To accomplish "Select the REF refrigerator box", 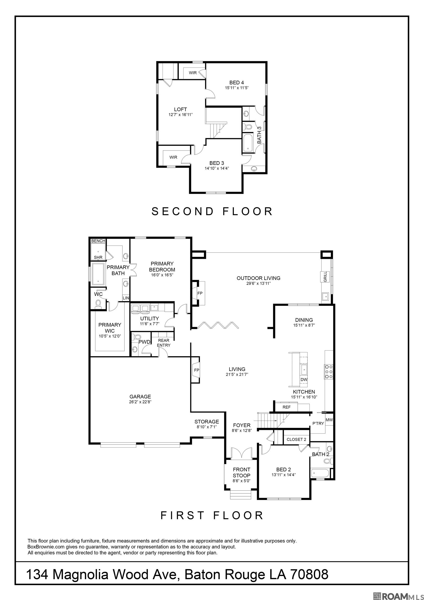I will (x=286, y=407).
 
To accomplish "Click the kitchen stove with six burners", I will (x=329, y=372).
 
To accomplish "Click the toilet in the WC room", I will (x=98, y=304).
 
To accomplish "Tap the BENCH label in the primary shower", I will (x=98, y=241).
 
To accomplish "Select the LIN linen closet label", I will (x=126, y=298).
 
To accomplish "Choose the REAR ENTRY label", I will (x=164, y=343).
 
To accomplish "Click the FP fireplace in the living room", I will (x=196, y=370).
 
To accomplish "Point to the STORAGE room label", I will (x=207, y=422).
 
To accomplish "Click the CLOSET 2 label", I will (x=296, y=439).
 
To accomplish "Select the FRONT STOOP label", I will (x=241, y=472).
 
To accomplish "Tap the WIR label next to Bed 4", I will (x=193, y=73).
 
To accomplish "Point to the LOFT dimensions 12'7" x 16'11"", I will (x=180, y=115).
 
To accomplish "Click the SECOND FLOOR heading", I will (x=212, y=211).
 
